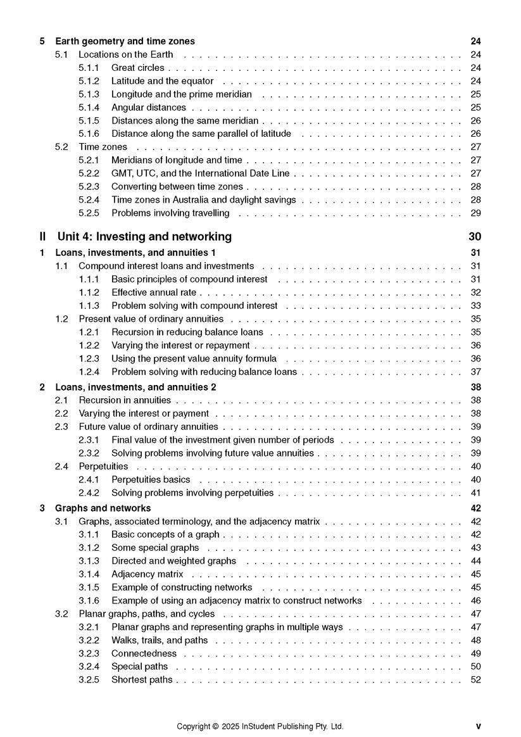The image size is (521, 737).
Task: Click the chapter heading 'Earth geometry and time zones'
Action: (125, 42)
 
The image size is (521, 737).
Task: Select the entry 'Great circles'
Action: (137, 68)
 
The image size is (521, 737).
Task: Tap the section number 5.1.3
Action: (89, 94)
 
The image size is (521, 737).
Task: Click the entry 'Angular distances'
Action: (149, 108)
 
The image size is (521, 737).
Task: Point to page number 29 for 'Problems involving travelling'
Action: (476, 213)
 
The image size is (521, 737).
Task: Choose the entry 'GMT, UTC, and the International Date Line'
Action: (200, 173)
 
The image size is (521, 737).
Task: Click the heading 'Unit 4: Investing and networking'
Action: (144, 237)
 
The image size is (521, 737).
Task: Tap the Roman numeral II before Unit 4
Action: (42, 237)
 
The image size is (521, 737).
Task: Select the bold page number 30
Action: (475, 237)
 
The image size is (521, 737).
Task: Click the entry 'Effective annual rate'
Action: (154, 293)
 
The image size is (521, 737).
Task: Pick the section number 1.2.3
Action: (89, 358)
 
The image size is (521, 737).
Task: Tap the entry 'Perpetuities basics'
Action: (151, 479)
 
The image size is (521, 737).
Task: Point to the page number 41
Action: (476, 493)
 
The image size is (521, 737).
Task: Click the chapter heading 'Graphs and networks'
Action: (103, 508)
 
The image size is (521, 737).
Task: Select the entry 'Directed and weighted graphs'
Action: (173, 561)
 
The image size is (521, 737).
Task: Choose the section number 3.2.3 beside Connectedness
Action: (89, 653)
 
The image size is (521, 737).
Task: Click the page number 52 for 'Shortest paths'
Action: (476, 680)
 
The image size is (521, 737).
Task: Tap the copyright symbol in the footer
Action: (216, 726)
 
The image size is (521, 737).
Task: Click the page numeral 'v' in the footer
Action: (478, 726)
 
